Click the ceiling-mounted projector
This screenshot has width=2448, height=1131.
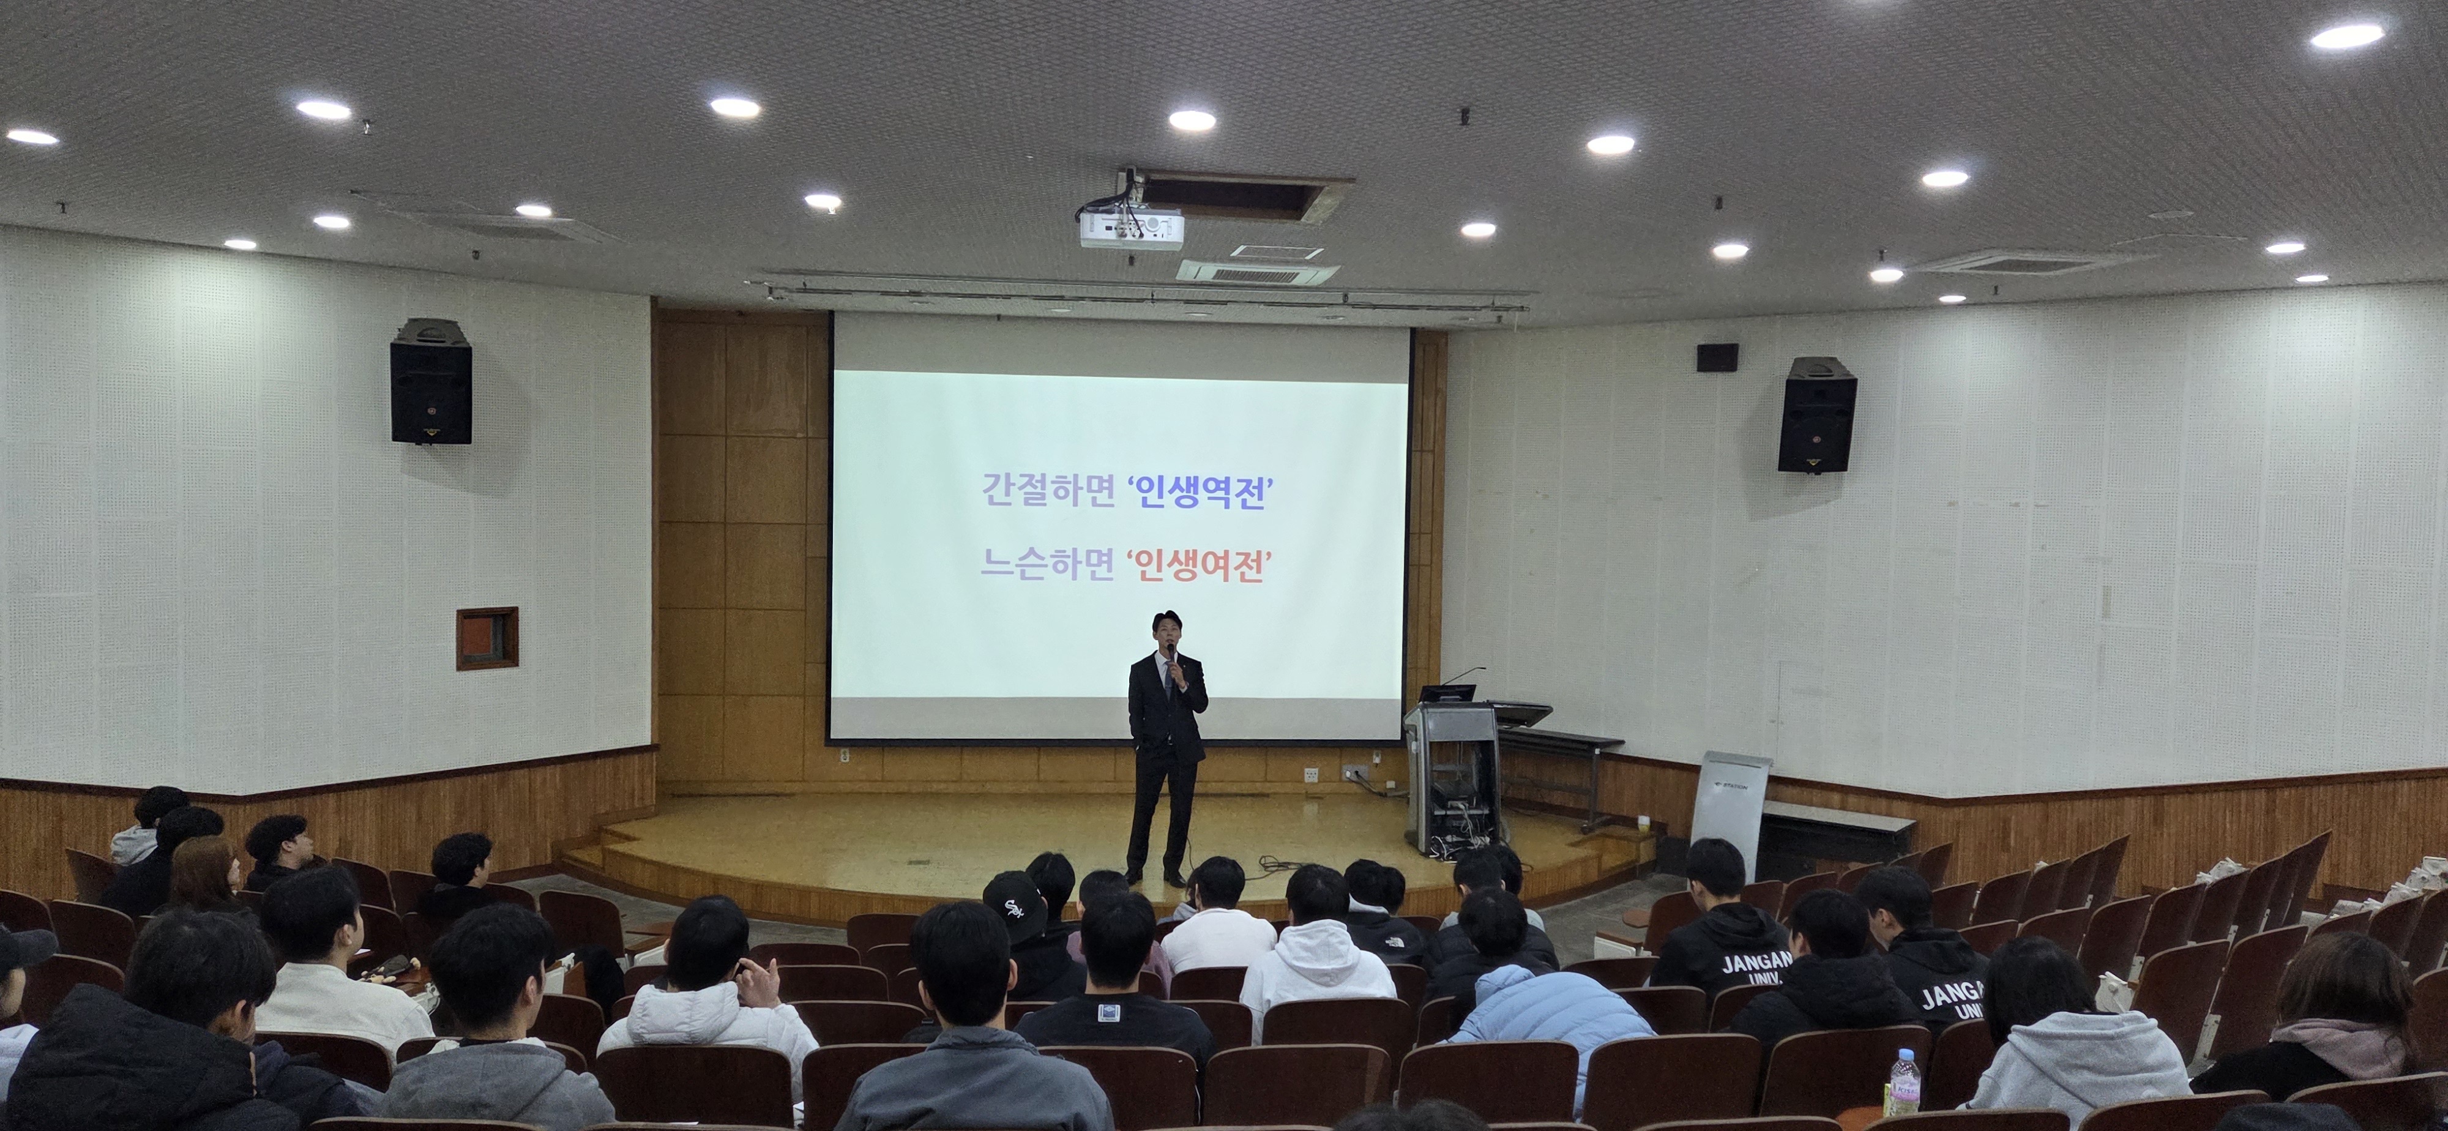point(1131,228)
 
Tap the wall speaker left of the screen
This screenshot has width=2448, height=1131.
point(430,381)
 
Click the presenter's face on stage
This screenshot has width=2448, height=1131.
point(1165,631)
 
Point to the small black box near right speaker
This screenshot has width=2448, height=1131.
point(1717,357)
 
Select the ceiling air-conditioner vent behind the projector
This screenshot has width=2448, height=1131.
point(1257,273)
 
